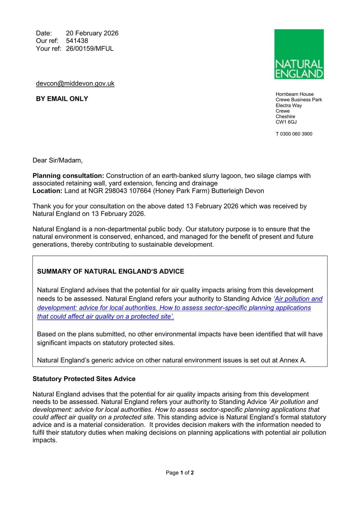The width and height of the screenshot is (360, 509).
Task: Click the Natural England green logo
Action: click(x=299, y=54)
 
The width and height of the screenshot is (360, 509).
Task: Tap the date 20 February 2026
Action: click(x=92, y=33)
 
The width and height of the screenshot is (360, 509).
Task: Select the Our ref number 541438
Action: click(x=77, y=41)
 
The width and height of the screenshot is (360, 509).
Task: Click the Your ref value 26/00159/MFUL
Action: click(x=90, y=48)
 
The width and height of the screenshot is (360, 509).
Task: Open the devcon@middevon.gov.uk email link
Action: click(x=75, y=83)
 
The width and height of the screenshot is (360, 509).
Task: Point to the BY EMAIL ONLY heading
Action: click(x=62, y=99)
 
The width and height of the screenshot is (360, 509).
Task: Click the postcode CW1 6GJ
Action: click(x=286, y=122)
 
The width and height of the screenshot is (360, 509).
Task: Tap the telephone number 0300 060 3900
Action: click(x=296, y=134)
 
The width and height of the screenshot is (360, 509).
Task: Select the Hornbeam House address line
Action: click(x=294, y=94)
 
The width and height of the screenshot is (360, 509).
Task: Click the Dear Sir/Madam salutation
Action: click(x=58, y=160)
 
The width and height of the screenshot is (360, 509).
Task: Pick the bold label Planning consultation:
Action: click(x=68, y=176)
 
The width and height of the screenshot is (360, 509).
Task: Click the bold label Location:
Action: click(x=47, y=191)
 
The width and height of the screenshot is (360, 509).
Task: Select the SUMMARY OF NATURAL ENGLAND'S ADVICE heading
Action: click(x=111, y=271)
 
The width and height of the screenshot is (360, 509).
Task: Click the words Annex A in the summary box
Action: click(x=292, y=360)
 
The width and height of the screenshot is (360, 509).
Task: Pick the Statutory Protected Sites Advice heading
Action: click(x=84, y=379)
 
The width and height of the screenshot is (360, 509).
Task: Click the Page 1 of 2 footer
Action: click(x=180, y=473)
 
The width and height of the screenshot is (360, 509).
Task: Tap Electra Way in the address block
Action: click(x=289, y=105)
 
